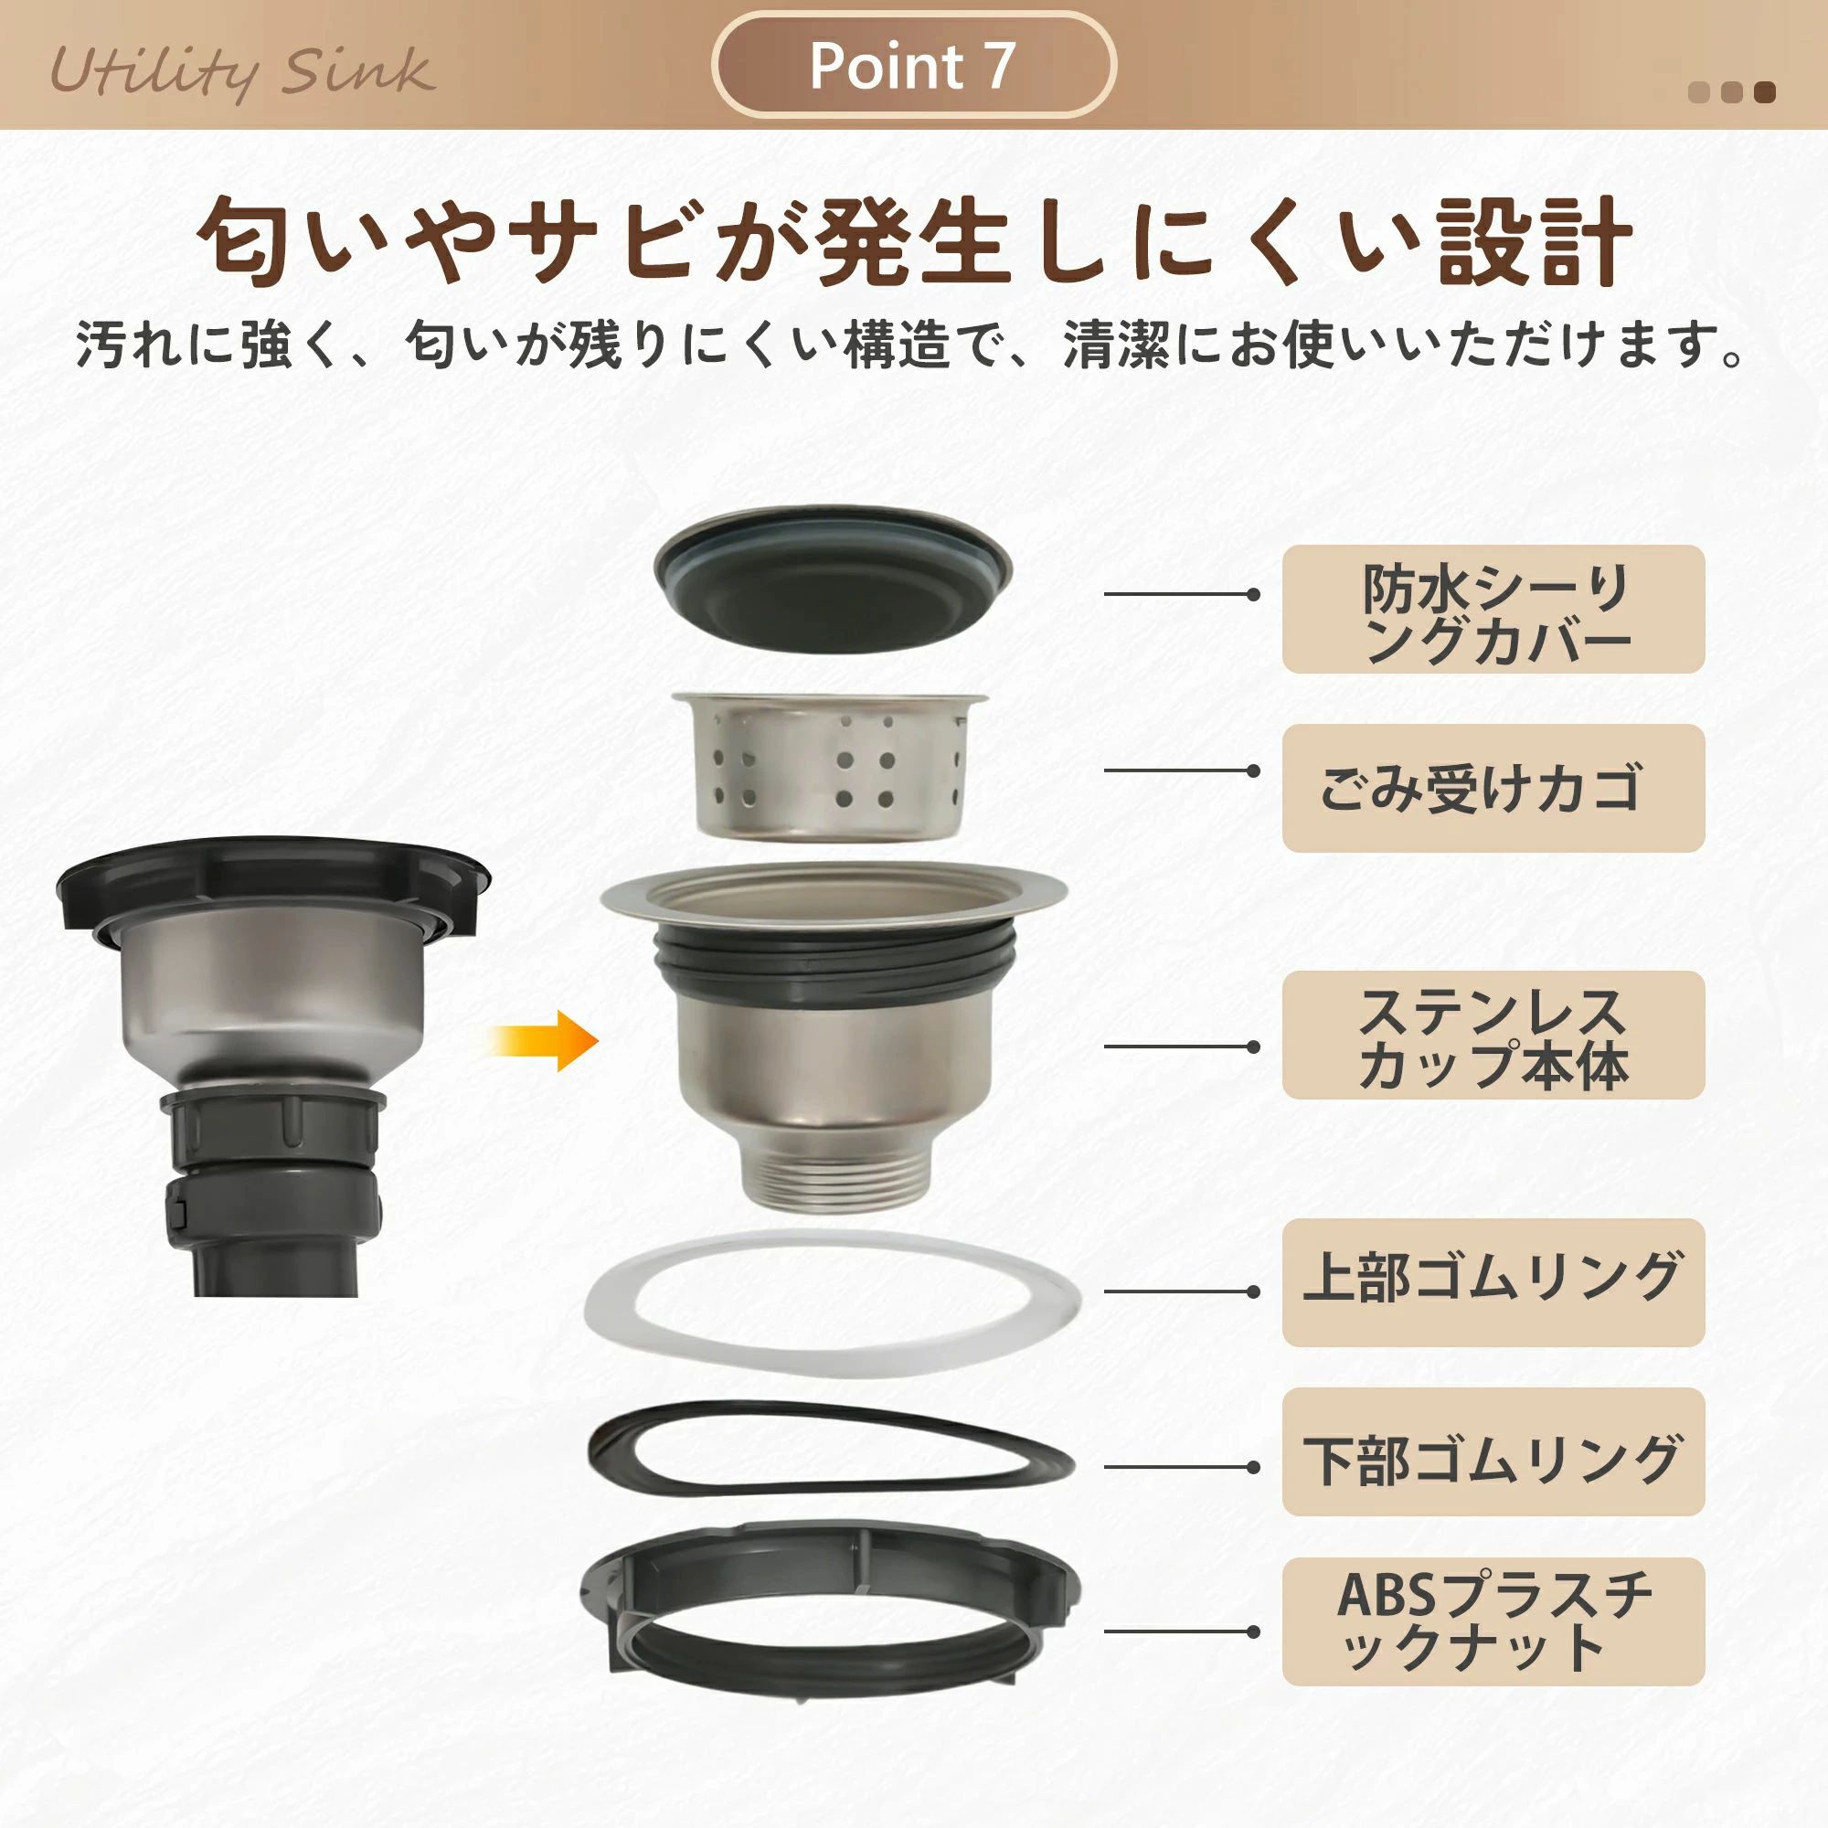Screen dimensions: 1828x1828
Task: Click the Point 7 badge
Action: (913, 64)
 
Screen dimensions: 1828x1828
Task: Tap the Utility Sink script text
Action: (242, 72)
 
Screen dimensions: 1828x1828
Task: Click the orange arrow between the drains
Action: (544, 1041)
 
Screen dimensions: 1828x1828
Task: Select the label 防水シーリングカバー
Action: (1493, 610)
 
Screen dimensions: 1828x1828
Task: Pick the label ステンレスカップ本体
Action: (1493, 1036)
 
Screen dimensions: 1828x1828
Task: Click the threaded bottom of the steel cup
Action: (833, 1175)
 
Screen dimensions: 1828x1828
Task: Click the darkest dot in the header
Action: (1764, 92)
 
